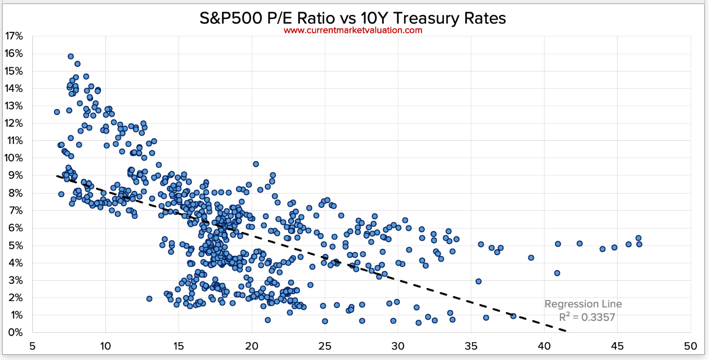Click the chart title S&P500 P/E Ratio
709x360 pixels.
[353, 19]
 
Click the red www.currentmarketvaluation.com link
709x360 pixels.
[353, 30]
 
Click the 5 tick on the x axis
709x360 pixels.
[32, 346]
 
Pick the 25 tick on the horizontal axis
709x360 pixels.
[325, 346]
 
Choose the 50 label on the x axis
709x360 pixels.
[690, 346]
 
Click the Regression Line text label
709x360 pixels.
[583, 304]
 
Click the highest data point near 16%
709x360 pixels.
[71, 56]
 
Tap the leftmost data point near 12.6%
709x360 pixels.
[57, 112]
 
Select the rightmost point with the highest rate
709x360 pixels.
[639, 238]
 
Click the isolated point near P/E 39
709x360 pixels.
[531, 258]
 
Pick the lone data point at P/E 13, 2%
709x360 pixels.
[149, 299]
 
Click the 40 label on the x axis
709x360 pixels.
[544, 346]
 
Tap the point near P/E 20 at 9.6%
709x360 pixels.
[256, 164]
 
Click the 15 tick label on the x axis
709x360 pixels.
[179, 346]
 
